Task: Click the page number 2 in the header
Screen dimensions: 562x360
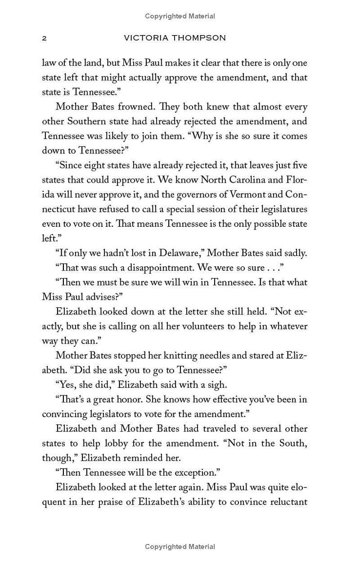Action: point(44,38)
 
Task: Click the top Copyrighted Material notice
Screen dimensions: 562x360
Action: point(180,16)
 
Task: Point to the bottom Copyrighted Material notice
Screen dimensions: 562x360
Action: point(180,547)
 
